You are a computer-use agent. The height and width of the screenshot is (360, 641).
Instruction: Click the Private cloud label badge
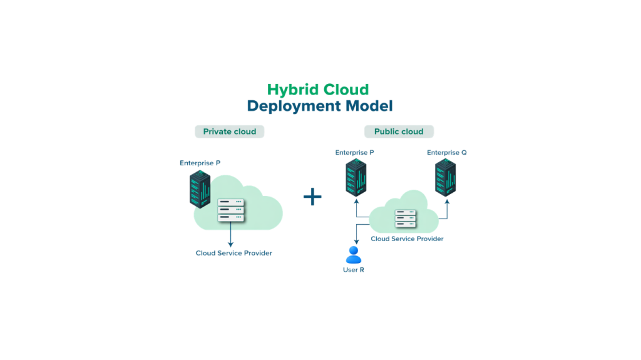pyautogui.click(x=230, y=131)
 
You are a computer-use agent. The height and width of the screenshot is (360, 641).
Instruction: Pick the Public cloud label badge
pyautogui.click(x=399, y=131)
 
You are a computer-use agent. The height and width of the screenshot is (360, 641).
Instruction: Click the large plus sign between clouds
pyautogui.click(x=312, y=197)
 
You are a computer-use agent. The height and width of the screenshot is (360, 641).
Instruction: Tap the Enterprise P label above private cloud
pyautogui.click(x=200, y=163)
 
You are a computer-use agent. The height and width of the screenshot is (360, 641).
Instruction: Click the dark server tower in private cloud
pyautogui.click(x=200, y=190)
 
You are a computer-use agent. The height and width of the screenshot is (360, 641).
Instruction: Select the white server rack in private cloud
pyautogui.click(x=231, y=210)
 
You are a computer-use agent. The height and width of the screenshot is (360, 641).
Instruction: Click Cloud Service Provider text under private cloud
pyautogui.click(x=233, y=253)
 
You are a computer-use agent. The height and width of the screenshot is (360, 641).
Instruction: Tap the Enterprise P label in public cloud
pyautogui.click(x=355, y=152)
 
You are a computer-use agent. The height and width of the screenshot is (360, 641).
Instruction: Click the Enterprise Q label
pyautogui.click(x=447, y=152)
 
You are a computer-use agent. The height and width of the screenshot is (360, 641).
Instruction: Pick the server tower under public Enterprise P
pyautogui.click(x=356, y=178)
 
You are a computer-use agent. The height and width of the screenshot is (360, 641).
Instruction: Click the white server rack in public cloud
pyautogui.click(x=405, y=219)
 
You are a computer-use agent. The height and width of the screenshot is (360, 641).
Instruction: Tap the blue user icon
pyautogui.click(x=354, y=254)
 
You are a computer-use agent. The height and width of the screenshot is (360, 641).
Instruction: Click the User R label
pyautogui.click(x=354, y=270)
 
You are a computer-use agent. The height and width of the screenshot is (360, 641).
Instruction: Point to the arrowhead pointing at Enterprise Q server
pyautogui.click(x=447, y=200)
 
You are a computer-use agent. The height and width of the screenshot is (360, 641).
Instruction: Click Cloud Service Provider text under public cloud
pyautogui.click(x=407, y=239)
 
